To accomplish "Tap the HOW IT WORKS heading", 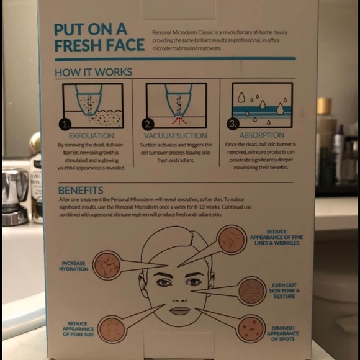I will click(92, 72).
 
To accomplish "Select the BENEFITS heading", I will click(81, 190).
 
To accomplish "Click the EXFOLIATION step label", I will click(91, 135).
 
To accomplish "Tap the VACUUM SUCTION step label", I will click(176, 135).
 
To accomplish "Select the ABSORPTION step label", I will click(261, 135).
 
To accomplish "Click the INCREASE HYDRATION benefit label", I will click(73, 266).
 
